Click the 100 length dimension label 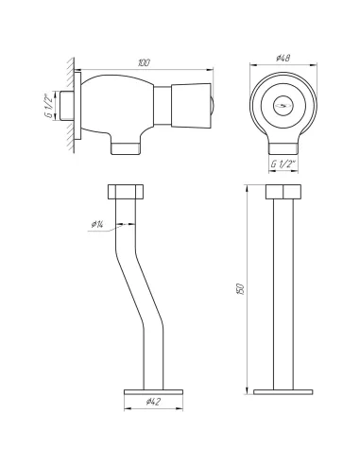click(144, 62)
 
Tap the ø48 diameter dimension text click(283, 58)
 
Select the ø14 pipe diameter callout click(97, 224)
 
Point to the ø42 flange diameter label click(153, 402)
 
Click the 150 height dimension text click(240, 289)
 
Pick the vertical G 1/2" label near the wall click(50, 106)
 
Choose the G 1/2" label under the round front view click(283, 164)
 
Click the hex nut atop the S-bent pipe click(126, 192)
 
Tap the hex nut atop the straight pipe click(283, 192)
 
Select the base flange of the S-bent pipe click(153, 392)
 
